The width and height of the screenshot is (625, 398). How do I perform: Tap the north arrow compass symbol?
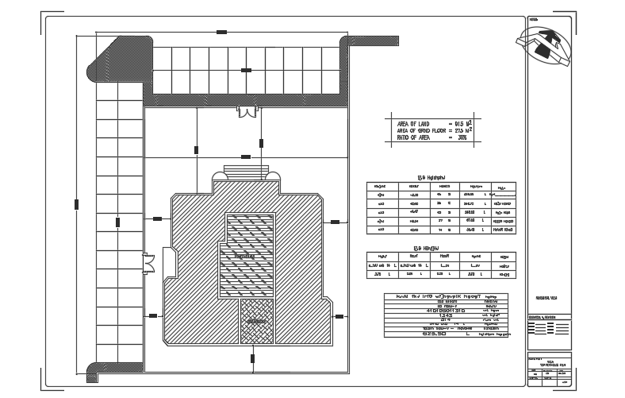(x=546, y=45)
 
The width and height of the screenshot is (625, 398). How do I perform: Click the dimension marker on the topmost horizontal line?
(x=221, y=32)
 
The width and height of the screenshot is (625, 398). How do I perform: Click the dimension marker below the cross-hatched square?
(x=253, y=358)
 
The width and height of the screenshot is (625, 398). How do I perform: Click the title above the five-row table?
(x=431, y=177)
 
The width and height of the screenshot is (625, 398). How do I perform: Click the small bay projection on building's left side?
(x=168, y=261)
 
